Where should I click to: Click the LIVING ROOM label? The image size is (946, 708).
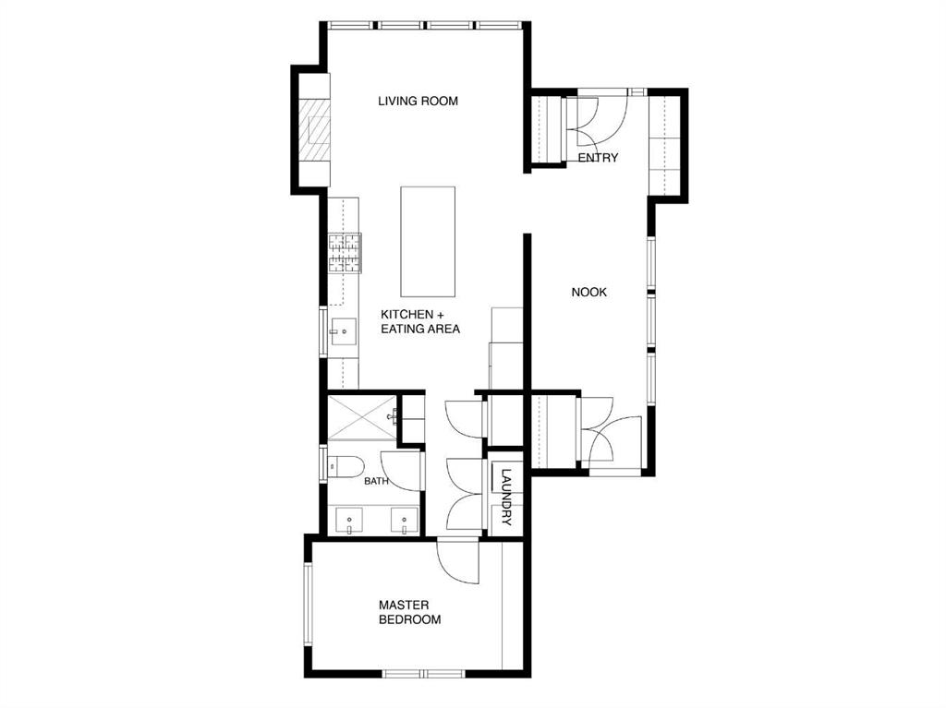click(418, 101)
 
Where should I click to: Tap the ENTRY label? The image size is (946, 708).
click(598, 158)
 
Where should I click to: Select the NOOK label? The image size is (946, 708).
click(588, 293)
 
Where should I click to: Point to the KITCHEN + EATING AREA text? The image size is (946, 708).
click(420, 321)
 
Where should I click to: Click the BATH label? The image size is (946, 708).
click(376, 481)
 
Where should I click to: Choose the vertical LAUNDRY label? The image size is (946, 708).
click(506, 497)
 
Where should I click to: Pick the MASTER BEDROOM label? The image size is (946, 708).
click(409, 612)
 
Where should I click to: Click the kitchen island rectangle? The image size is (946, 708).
click(428, 241)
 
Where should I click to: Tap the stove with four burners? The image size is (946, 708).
click(345, 253)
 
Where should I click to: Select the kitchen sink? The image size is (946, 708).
click(343, 331)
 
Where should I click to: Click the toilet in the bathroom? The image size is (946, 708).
click(346, 466)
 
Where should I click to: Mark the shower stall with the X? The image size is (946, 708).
click(362, 417)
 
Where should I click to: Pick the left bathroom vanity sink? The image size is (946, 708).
click(348, 521)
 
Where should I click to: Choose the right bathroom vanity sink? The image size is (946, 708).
click(404, 521)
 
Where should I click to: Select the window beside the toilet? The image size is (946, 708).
click(323, 463)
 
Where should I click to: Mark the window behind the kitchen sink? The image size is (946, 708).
click(323, 331)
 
